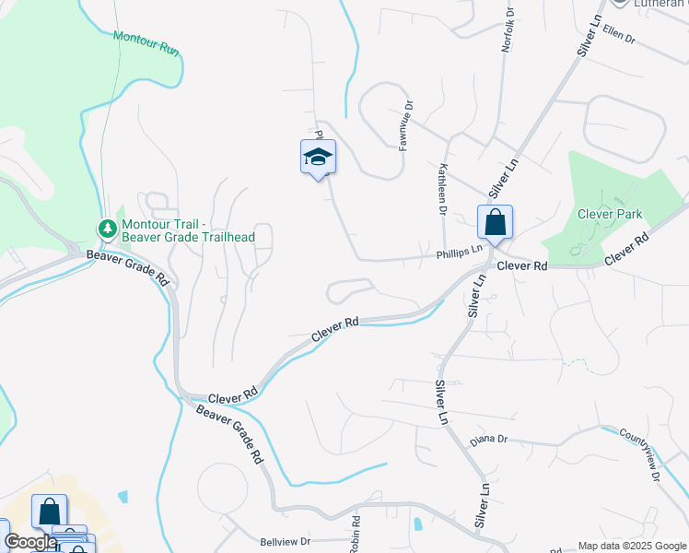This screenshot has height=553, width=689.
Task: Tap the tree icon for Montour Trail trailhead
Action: coord(108,228)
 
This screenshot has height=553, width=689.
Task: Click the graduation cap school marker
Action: coord(318,157)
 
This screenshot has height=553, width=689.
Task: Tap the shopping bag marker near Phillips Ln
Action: coord(495,222)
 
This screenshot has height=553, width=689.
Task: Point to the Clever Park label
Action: coord(609,214)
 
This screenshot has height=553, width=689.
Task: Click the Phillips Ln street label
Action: coord(460,250)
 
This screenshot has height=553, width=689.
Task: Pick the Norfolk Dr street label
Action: coord(506,30)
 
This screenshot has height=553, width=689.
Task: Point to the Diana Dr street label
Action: coord(489,440)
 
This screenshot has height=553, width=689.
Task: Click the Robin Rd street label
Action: coord(354,535)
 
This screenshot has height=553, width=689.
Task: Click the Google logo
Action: coord(29,542)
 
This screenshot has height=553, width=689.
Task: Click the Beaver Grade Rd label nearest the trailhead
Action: coord(128,265)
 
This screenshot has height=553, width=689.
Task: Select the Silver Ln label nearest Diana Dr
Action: coord(441,403)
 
